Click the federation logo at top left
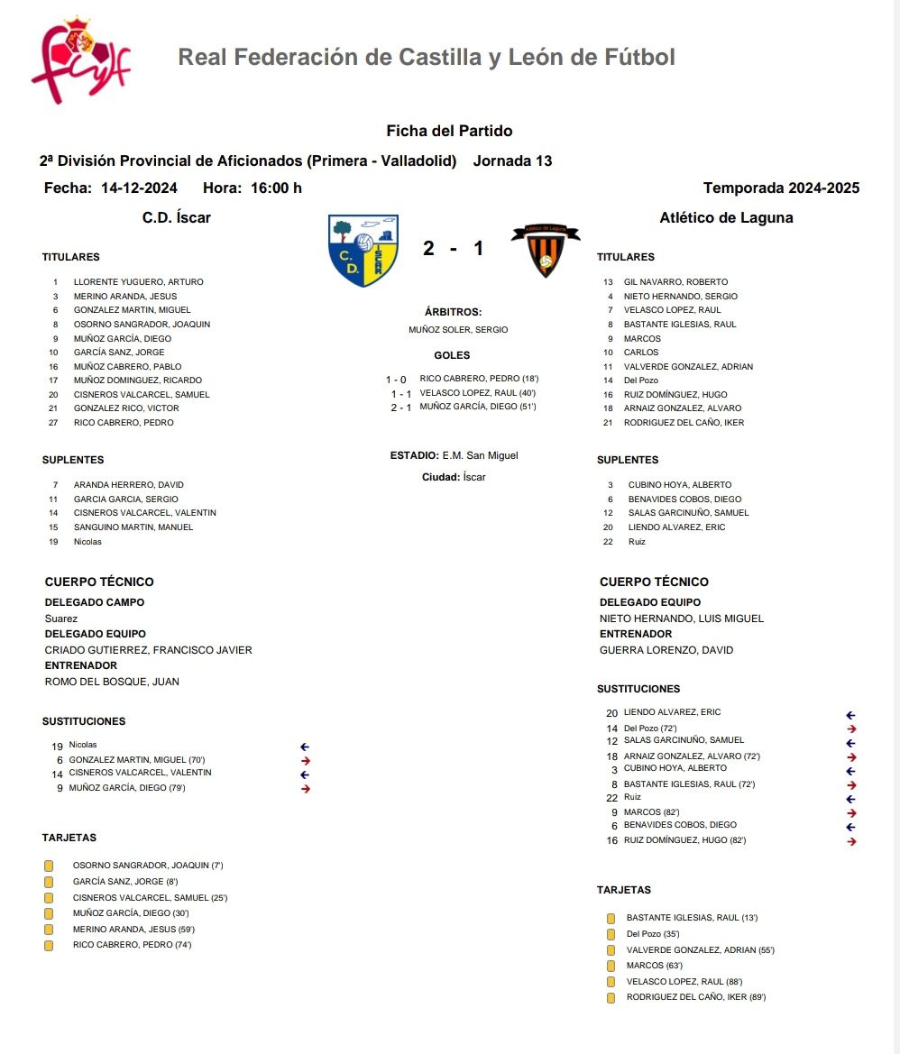(80, 59)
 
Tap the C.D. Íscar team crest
(363, 251)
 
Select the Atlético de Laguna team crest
(545, 251)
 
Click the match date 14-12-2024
(139, 188)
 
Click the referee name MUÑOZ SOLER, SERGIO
(458, 330)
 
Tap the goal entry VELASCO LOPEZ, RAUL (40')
(478, 393)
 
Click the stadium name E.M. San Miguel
(480, 455)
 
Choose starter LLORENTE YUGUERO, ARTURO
(138, 282)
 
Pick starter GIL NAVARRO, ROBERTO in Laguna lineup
(675, 282)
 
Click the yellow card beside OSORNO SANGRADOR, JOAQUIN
(49, 866)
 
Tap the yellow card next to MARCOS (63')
(611, 966)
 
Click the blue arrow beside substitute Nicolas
(305, 747)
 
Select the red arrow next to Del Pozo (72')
(851, 729)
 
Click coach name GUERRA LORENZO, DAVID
(666, 650)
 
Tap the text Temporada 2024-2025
(781, 188)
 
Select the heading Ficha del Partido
(449, 132)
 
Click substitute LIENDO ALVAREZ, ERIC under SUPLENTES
(676, 527)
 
